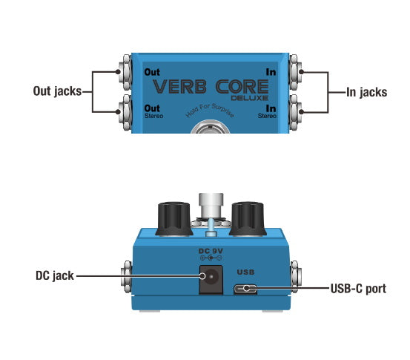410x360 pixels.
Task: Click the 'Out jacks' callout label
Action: click(57, 91)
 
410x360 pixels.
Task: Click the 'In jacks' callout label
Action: click(366, 92)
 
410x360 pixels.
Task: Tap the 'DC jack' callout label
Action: click(55, 275)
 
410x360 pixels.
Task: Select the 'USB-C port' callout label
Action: click(358, 289)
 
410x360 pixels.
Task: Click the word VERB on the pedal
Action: click(179, 87)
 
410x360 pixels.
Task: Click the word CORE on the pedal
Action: click(242, 87)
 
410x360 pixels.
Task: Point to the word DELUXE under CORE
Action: click(250, 98)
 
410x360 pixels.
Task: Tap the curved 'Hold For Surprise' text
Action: click(209, 111)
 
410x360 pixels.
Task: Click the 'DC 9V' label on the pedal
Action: click(211, 251)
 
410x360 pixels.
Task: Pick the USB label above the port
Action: click(245, 272)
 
